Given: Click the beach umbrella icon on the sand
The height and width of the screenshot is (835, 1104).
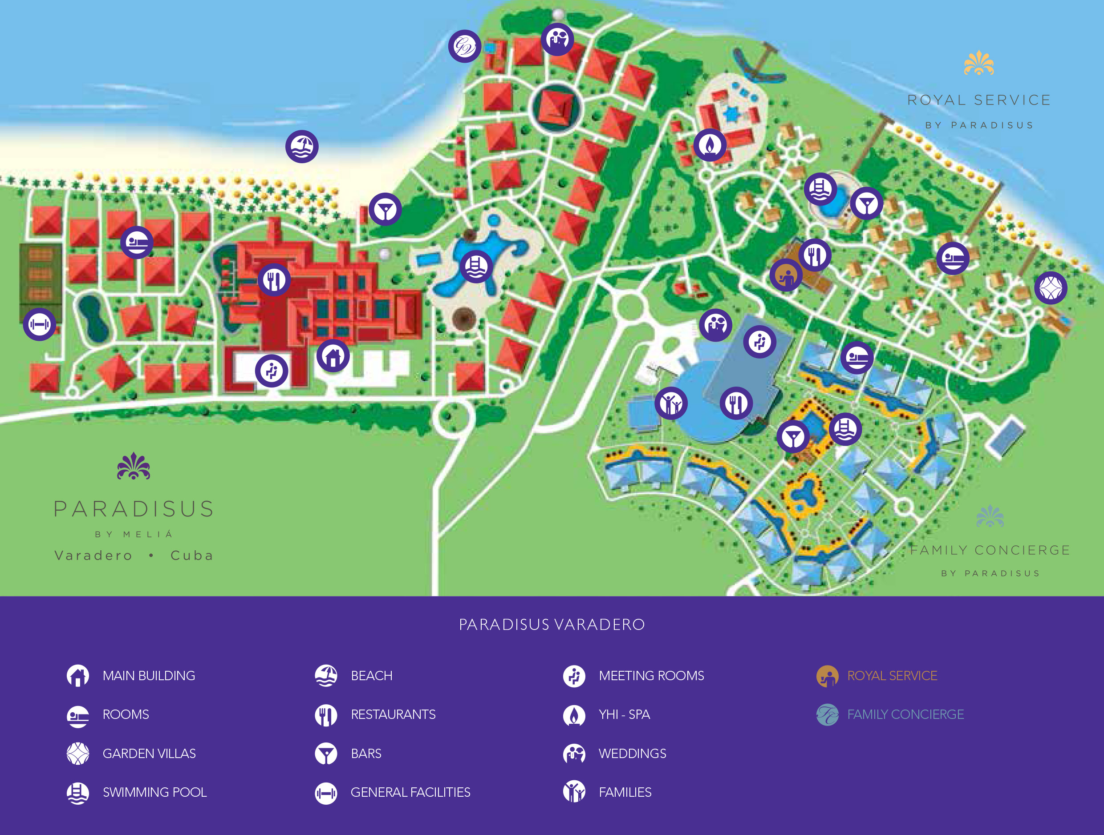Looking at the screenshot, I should pyautogui.click(x=302, y=147).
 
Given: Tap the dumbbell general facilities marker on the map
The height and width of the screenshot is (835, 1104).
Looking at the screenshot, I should pyautogui.click(x=40, y=324).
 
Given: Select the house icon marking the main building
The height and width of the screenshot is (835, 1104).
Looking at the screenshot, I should pyautogui.click(x=333, y=355).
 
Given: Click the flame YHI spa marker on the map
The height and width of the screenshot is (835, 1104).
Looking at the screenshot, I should pyautogui.click(x=710, y=145).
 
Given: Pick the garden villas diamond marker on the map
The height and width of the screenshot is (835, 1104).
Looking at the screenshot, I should pyautogui.click(x=1051, y=288).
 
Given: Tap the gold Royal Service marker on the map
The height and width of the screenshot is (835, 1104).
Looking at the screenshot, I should pyautogui.click(x=786, y=275).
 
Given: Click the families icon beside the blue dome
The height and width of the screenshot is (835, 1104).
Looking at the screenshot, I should pyautogui.click(x=671, y=403).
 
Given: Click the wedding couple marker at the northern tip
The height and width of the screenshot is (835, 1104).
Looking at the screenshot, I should pyautogui.click(x=557, y=39).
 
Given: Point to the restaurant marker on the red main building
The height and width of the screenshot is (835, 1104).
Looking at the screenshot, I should pyautogui.click(x=274, y=280).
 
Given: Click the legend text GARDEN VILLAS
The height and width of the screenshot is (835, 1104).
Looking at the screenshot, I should pyautogui.click(x=149, y=753).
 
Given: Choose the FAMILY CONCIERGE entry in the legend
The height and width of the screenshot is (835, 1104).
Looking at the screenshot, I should pyautogui.click(x=905, y=714).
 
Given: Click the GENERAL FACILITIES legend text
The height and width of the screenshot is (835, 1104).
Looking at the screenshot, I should pyautogui.click(x=410, y=792).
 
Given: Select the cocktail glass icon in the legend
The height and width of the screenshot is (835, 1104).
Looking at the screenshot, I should pyautogui.click(x=326, y=753).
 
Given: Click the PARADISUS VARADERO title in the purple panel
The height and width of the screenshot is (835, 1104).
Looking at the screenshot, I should pyautogui.click(x=552, y=625).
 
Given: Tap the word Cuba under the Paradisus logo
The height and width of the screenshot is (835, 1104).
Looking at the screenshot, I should pyautogui.click(x=192, y=555).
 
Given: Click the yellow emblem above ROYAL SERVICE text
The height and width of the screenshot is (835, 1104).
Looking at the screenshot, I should pyautogui.click(x=979, y=63).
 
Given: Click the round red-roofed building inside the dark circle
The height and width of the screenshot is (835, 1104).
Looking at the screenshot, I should pyautogui.click(x=556, y=108).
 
